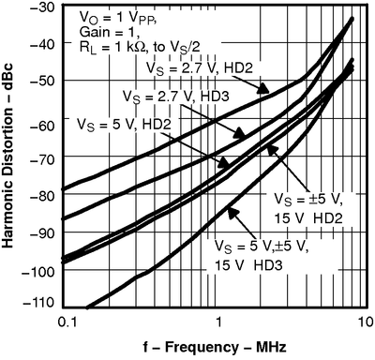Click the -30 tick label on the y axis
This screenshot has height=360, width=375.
[x=42, y=7]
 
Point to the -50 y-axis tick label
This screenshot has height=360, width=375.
[x=42, y=82]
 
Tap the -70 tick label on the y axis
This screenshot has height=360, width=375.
[x=42, y=156]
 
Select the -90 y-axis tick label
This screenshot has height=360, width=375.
[x=42, y=230]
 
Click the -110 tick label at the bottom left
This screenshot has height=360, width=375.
[x=39, y=304]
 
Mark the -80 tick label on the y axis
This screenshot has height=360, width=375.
[x=42, y=193]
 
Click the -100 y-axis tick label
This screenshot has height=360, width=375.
[x=39, y=267]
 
